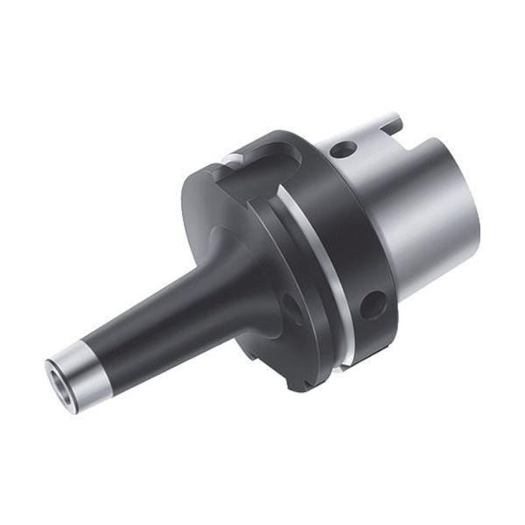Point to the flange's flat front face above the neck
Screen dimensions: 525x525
[210, 201]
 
